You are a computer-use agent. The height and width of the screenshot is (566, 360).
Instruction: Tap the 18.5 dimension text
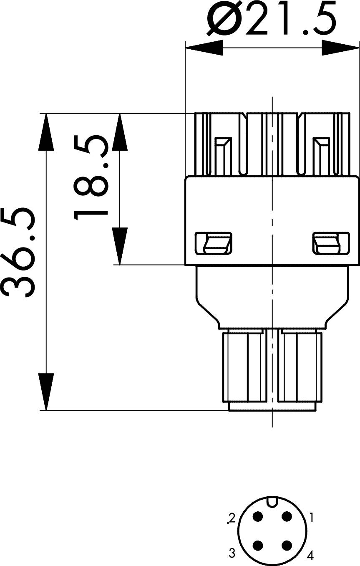tap(91, 177)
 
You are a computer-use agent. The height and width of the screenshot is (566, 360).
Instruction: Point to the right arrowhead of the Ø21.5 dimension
tap(340, 48)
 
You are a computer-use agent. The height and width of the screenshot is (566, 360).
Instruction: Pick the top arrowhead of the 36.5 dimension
tap(46, 131)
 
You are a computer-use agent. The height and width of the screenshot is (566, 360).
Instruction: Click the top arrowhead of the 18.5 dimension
tap(120, 131)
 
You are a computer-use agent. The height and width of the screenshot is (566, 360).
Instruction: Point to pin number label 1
tap(311, 518)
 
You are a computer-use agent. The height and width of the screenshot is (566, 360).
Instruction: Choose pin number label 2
tap(232, 518)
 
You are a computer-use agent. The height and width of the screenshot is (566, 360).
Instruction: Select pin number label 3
tap(232, 553)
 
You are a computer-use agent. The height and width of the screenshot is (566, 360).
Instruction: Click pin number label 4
tap(310, 555)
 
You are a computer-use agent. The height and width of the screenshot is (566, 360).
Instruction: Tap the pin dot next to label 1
tap(287, 517)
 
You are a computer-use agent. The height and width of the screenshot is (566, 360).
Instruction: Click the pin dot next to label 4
tap(287, 545)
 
